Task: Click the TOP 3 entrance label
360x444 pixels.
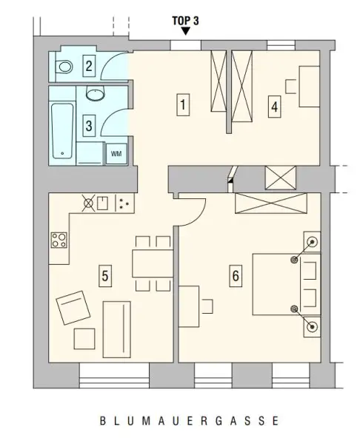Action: (x=186, y=21)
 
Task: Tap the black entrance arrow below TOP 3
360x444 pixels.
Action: (x=186, y=32)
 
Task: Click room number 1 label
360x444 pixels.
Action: (x=182, y=105)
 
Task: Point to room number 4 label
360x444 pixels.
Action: (x=275, y=107)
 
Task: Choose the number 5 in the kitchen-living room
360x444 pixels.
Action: (x=104, y=275)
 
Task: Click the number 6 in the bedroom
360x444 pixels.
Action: (x=236, y=276)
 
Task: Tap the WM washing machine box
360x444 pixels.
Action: (x=116, y=152)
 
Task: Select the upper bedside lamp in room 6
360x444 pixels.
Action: (x=312, y=242)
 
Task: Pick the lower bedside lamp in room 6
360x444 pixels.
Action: (x=312, y=325)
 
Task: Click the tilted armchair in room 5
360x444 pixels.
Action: (x=74, y=307)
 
